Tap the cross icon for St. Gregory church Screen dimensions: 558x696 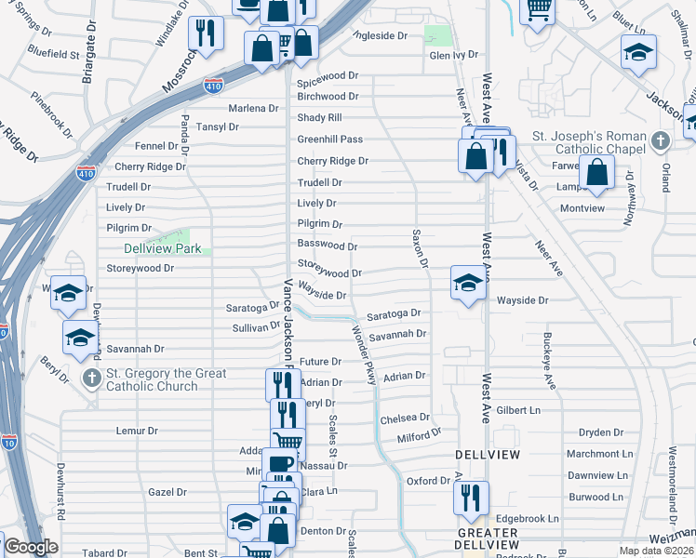91,377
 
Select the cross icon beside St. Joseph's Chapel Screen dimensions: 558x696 660,140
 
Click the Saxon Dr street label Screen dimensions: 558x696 420,249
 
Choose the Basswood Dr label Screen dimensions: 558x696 327,246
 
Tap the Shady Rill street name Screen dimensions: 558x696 319,117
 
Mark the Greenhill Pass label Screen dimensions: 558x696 329,139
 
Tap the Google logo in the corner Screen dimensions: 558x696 31,547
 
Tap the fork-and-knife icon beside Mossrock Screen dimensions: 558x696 206,33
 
